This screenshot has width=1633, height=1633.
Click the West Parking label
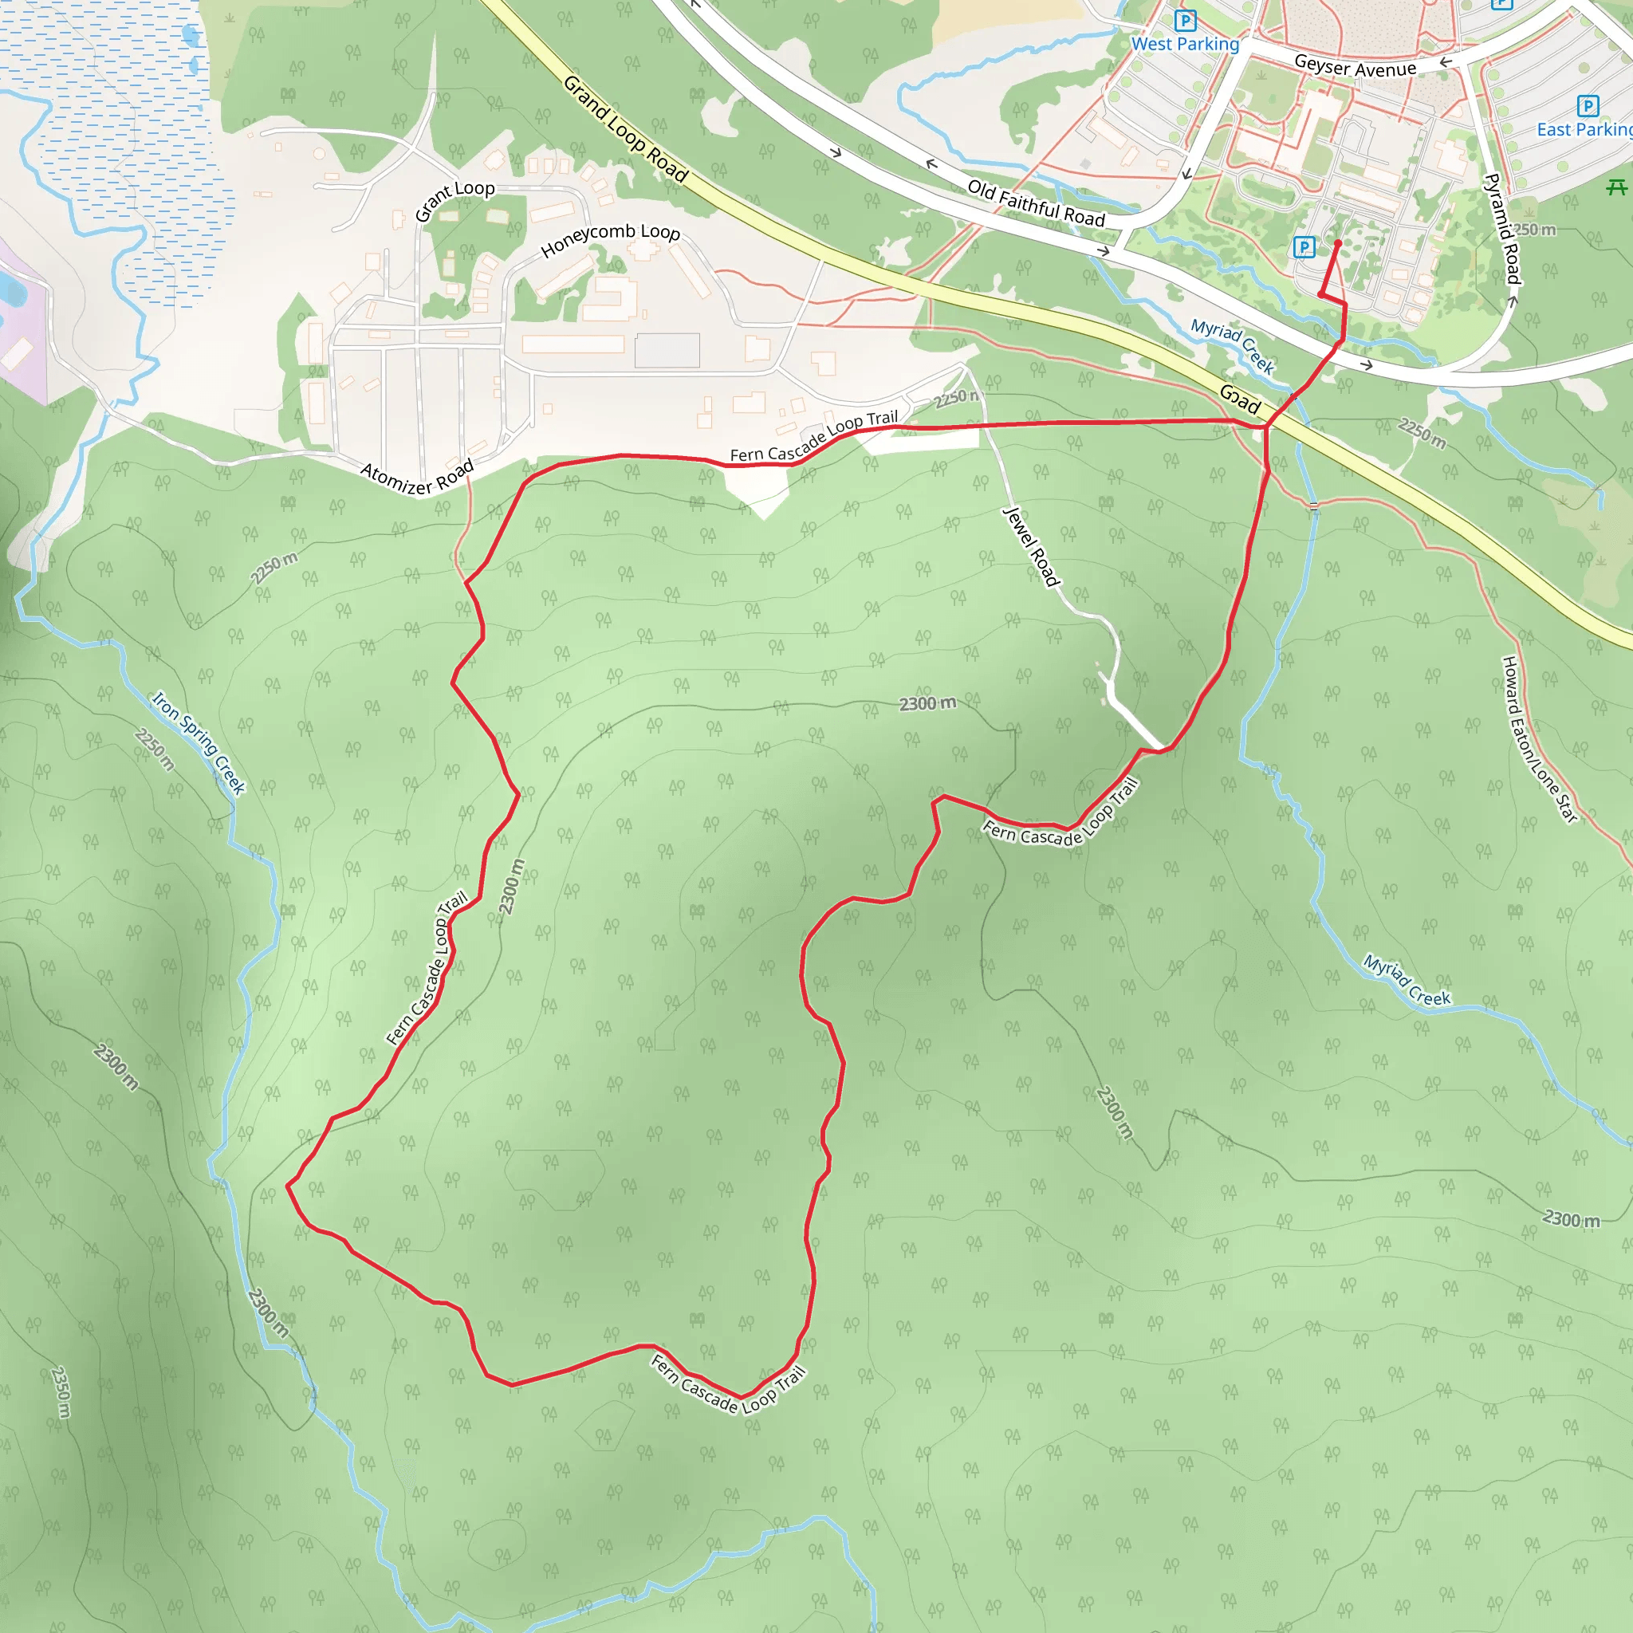tap(1184, 44)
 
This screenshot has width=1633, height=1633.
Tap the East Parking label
tap(1583, 129)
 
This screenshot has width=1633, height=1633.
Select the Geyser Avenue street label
tap(1355, 66)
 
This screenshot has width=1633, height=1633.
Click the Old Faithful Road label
tap(1037, 203)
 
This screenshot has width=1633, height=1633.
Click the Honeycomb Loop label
tap(610, 239)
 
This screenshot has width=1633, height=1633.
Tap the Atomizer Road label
tap(418, 477)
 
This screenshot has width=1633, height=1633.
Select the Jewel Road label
tap(1030, 546)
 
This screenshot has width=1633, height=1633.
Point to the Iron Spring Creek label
tap(199, 743)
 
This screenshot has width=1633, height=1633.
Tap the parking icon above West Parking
tap(1185, 20)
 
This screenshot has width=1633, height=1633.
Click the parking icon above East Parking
tap(1588, 106)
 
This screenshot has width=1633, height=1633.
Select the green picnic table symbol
tap(1616, 187)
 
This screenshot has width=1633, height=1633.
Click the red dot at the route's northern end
tap(1337, 243)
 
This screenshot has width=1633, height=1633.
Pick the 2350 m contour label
tap(61, 1391)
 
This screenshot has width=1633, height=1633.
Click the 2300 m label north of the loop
tap(927, 703)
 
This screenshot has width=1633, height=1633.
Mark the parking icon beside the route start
tap(1304, 247)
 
